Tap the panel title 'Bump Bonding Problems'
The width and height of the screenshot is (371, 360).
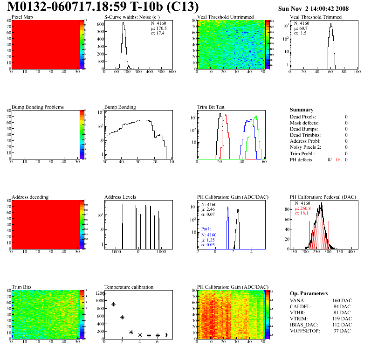[38, 107]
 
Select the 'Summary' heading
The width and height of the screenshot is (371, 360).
[302, 110]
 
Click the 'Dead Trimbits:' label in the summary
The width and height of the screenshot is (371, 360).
[306, 135]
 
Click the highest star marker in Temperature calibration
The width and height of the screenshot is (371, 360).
[105, 293]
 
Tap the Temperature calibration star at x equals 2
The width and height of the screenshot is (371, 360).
[122, 317]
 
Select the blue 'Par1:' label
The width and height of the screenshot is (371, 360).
[207, 229]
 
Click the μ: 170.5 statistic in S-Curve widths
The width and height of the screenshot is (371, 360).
[159, 28]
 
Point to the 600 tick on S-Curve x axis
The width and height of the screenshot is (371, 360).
[172, 72]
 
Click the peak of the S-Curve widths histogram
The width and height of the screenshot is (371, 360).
[124, 24]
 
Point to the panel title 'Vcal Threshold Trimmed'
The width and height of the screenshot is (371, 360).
[316, 17]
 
